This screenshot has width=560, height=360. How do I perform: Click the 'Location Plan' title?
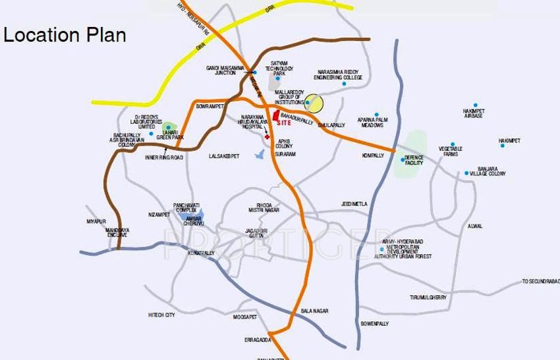click(x=65, y=35)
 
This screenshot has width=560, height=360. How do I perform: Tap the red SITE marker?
click(x=277, y=116)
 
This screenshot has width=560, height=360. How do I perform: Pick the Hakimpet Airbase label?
click(x=473, y=113)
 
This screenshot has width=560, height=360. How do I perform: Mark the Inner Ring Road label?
click(x=163, y=158)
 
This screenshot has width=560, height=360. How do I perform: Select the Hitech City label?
click(x=161, y=316)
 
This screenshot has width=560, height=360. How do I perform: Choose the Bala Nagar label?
click(x=314, y=311)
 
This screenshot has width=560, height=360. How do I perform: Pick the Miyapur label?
click(x=96, y=221)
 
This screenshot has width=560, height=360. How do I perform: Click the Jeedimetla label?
click(x=354, y=204)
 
